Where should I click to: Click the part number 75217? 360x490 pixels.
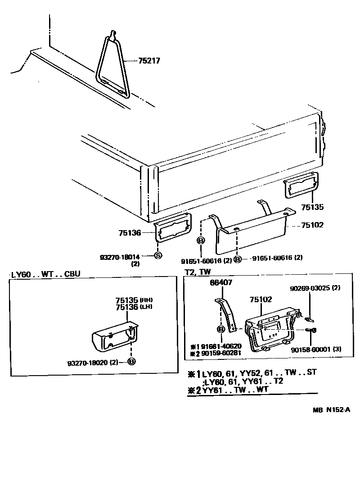click(x=148, y=61)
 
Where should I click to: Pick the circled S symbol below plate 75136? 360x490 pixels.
click(x=158, y=256)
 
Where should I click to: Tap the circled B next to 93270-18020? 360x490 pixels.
click(x=131, y=362)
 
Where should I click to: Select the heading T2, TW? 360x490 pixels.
click(x=198, y=272)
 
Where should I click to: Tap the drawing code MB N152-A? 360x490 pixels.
click(x=332, y=410)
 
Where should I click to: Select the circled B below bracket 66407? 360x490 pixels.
click(x=221, y=330)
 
